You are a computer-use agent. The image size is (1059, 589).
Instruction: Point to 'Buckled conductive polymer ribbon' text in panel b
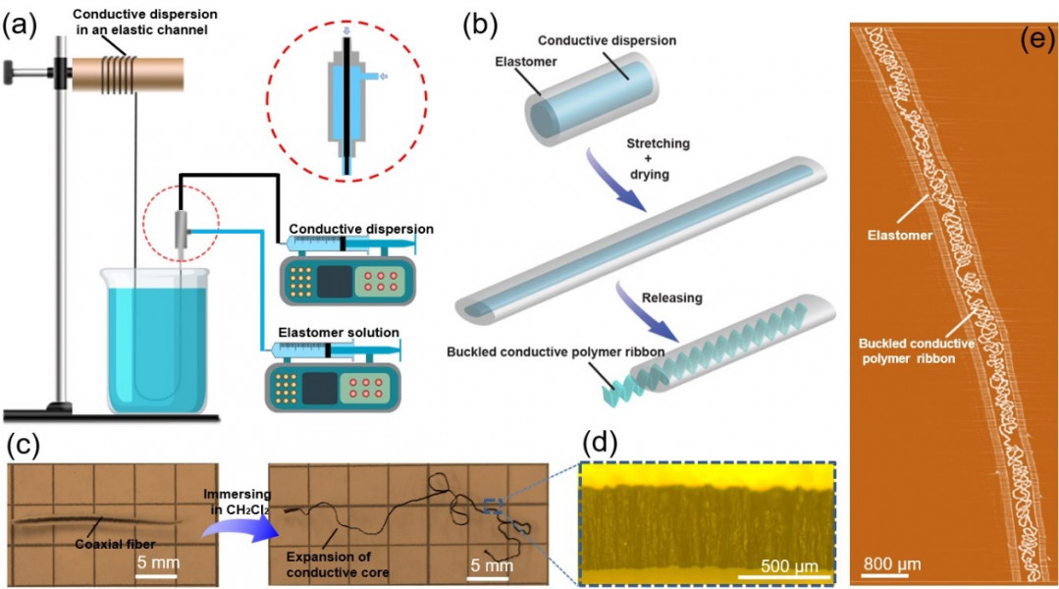pos(519,352)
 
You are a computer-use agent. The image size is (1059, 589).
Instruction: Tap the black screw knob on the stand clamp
pos(13,71)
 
